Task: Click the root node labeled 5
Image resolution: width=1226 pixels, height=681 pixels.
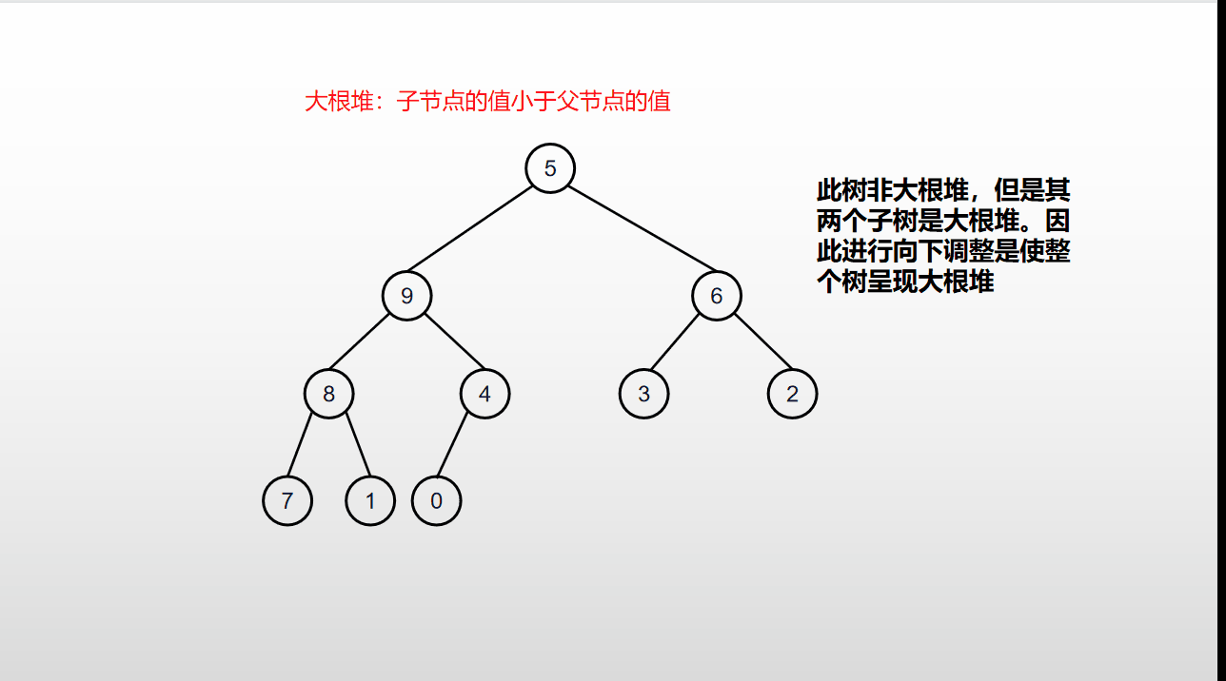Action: tap(550, 168)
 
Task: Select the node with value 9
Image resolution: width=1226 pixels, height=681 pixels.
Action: tap(406, 296)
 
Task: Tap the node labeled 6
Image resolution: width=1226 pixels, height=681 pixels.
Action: tap(716, 296)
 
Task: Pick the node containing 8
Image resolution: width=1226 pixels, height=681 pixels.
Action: tap(328, 394)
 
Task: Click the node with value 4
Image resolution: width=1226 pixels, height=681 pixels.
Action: tap(484, 394)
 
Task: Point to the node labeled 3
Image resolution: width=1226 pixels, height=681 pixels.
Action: tap(643, 394)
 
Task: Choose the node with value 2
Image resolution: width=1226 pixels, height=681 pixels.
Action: tap(792, 394)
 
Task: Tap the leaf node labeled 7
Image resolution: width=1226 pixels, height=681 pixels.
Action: tap(287, 500)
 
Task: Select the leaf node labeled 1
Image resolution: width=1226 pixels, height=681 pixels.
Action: tap(370, 500)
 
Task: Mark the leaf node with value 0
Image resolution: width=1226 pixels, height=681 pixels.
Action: tap(436, 500)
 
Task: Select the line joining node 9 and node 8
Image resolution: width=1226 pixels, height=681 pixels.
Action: tap(367, 344)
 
